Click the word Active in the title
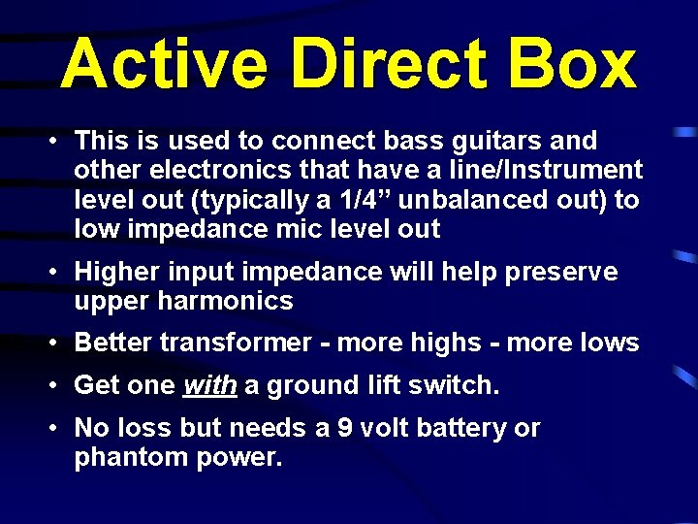coord(164,64)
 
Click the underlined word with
coord(209,385)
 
